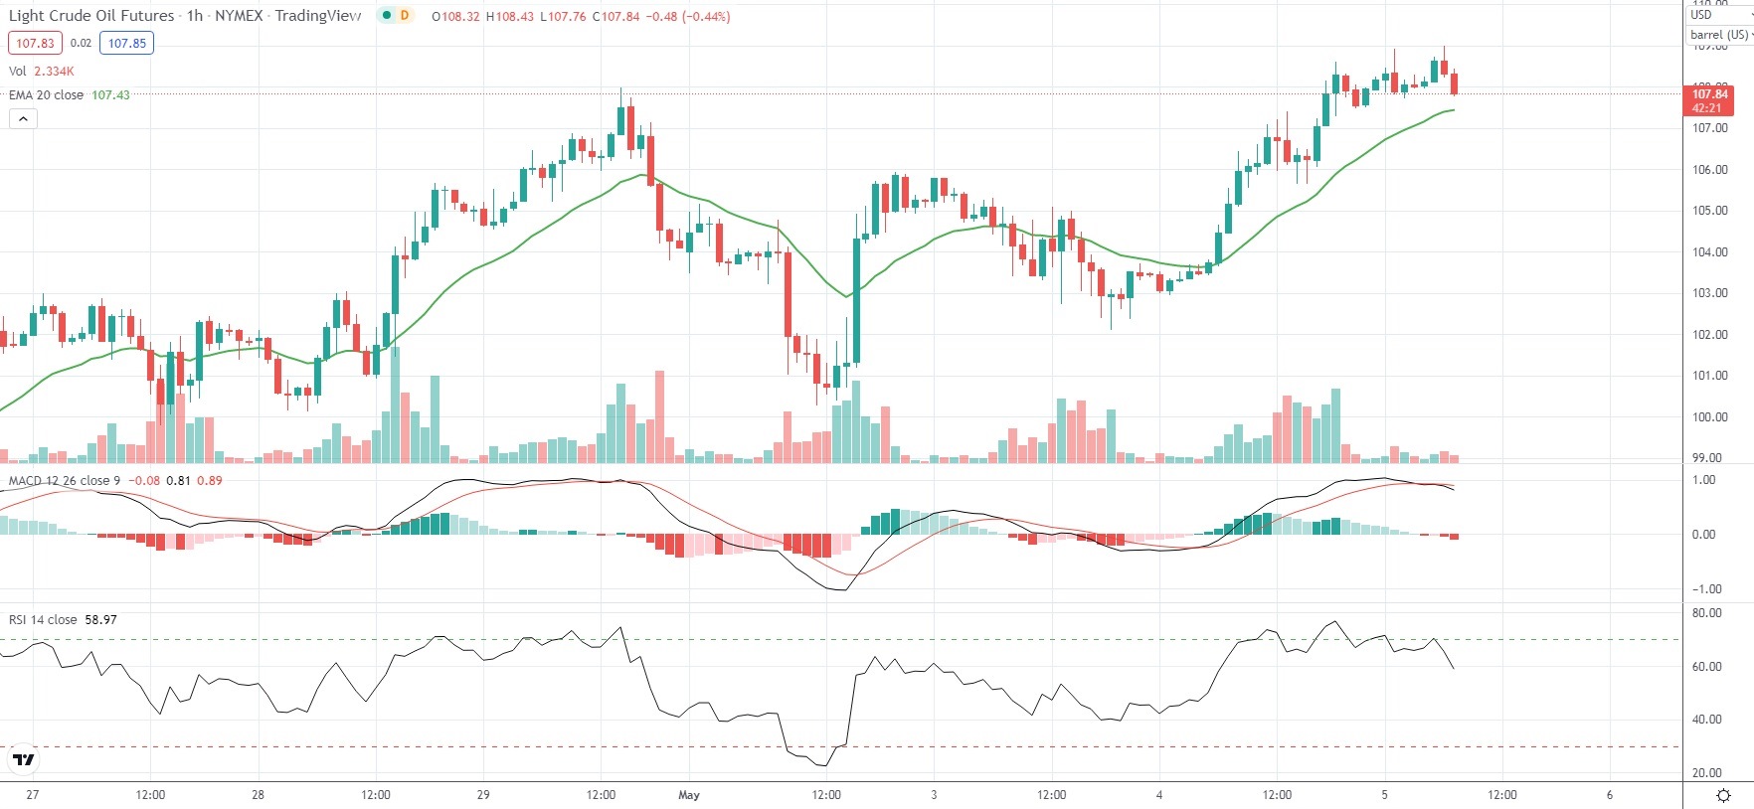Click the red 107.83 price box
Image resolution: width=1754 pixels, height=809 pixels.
[x=35, y=43]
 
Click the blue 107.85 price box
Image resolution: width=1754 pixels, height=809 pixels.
[x=126, y=43]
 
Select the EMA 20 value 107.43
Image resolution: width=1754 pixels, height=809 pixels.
[x=110, y=95]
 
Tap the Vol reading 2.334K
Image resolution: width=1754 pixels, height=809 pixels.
[x=54, y=72]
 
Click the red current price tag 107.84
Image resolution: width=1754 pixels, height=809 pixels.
[x=1709, y=94]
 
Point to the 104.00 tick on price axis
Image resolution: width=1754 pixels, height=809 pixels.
[x=1709, y=252]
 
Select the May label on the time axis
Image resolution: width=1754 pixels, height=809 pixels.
[x=689, y=795]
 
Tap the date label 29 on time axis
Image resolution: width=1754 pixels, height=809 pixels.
[x=483, y=795]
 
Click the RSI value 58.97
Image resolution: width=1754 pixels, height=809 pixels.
[x=100, y=620]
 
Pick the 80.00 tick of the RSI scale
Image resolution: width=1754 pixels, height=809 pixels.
[x=1706, y=613]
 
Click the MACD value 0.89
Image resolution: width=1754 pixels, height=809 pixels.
[x=210, y=481]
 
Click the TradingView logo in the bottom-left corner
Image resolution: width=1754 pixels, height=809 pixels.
[x=23, y=760]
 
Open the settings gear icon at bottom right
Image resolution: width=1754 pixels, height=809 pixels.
[x=1724, y=795]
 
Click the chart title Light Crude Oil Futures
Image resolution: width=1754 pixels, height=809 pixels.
[x=91, y=16]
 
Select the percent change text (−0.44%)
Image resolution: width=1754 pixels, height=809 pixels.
[x=706, y=17]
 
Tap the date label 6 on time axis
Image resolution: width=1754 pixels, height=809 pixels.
[x=1610, y=795]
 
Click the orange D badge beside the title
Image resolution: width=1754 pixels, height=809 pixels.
[x=405, y=16]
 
